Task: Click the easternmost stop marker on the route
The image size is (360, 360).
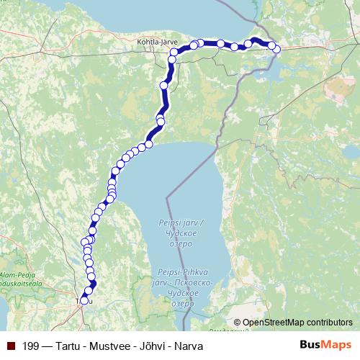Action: [x=277, y=49]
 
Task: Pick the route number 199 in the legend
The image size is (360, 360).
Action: [x=31, y=346]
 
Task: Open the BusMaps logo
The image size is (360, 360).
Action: [x=327, y=346]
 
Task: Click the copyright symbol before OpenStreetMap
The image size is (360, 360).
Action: [x=238, y=323]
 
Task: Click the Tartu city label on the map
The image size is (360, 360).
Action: [x=85, y=301]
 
